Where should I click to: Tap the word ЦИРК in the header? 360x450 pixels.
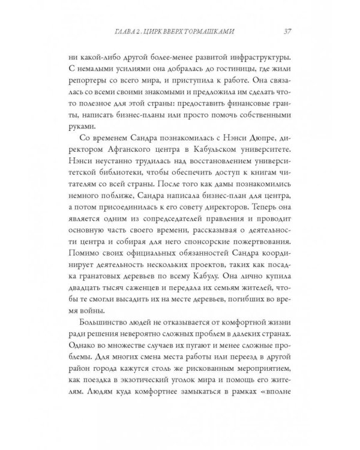pos(170,32)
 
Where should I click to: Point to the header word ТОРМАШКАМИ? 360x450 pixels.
pos(226,32)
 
